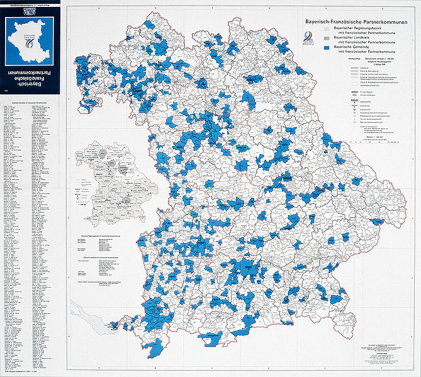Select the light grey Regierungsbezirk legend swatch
coord(325,28)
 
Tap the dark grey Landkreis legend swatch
coord(325,38)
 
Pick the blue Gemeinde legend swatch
coord(325,47)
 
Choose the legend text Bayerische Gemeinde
coord(354,47)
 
